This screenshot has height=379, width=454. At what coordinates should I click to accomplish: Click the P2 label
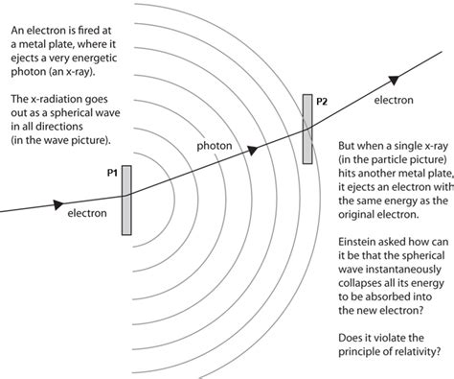(x=322, y=101)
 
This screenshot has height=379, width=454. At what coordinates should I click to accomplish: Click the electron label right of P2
(x=394, y=99)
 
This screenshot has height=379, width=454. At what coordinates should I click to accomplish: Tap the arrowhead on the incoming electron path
(x=58, y=203)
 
